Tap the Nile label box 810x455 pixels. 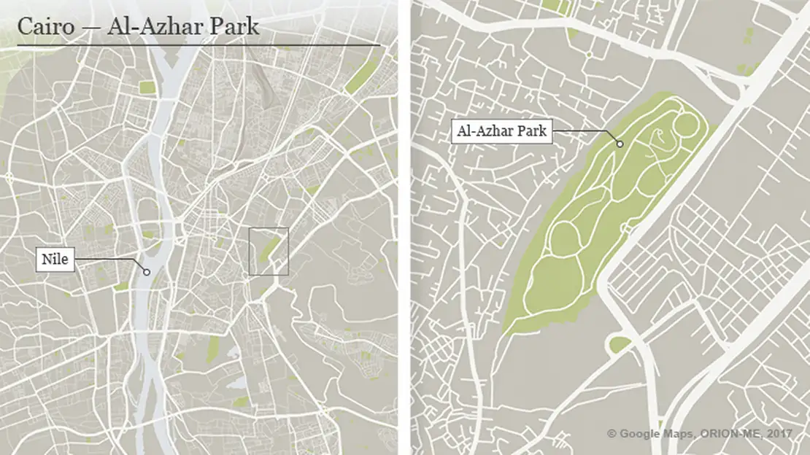(x=55, y=259)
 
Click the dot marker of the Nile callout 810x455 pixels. (x=147, y=272)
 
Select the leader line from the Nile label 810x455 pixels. (x=109, y=260)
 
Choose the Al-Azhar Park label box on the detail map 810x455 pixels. (x=501, y=132)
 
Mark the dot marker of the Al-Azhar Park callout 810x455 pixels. (x=620, y=144)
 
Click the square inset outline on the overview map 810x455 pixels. (x=269, y=251)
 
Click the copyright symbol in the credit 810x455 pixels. (x=612, y=434)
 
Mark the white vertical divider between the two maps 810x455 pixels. (x=404, y=227)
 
